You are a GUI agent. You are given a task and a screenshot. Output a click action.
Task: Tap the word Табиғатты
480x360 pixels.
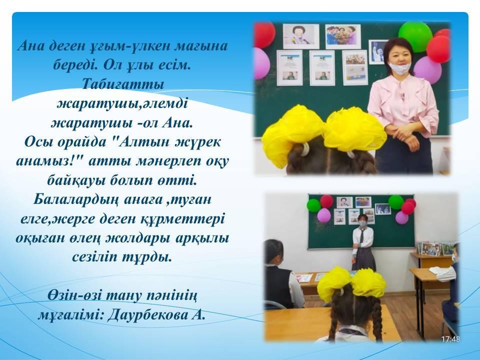[123, 84]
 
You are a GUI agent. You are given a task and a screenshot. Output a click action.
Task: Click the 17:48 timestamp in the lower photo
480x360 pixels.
[450, 339]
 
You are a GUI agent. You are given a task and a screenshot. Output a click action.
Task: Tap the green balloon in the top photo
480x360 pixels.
[415, 36]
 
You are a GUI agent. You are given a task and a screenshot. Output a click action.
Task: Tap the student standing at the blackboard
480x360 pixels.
[363, 242]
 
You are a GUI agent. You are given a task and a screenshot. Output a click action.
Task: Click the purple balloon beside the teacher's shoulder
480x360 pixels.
[427, 69]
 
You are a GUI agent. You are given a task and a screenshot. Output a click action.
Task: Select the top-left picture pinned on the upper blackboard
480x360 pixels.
[301, 36]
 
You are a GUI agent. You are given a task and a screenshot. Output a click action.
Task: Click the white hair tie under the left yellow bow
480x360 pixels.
[305, 149]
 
